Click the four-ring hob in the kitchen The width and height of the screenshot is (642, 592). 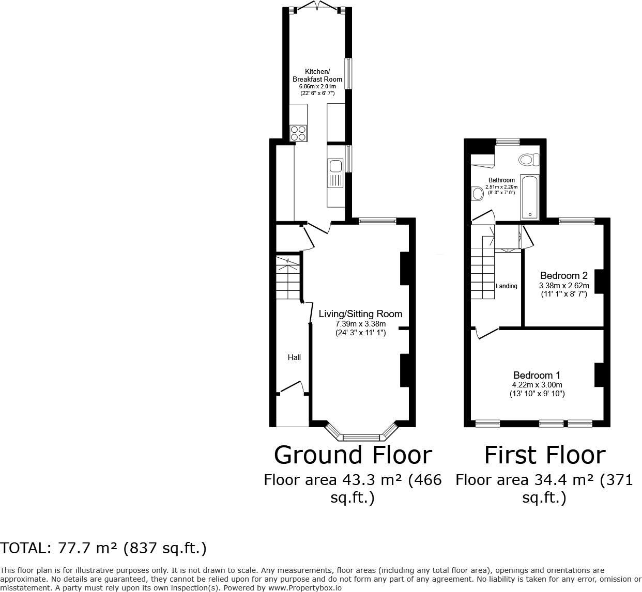coord(297,133)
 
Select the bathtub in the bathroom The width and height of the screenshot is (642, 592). coord(529,197)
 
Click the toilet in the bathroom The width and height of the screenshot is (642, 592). coord(529,160)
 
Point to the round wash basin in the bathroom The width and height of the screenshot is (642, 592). coord(477,194)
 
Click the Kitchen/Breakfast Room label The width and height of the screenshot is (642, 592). coord(317,75)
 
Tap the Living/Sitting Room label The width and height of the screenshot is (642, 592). coord(360,314)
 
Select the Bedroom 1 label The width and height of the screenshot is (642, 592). coord(537,376)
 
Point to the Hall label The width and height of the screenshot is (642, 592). coord(294,357)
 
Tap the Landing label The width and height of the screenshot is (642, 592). coord(507,286)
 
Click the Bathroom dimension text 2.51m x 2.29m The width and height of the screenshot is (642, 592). coord(501,186)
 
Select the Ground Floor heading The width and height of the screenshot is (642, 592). coord(353,455)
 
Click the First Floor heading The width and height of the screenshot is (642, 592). coord(544,455)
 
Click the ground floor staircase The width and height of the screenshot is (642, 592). coord(288,277)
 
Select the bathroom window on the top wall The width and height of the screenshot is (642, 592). coord(508,141)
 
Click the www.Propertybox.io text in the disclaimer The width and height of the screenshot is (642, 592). coord(304,588)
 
